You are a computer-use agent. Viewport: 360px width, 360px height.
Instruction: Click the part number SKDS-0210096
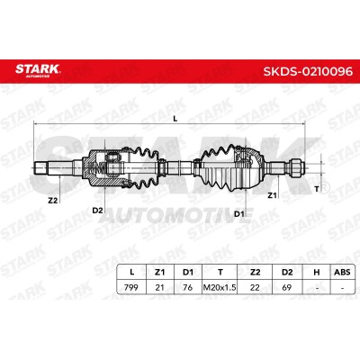click(308, 71)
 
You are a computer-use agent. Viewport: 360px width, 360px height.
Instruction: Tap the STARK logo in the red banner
click(38, 70)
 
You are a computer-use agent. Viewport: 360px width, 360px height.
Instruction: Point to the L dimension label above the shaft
click(175, 119)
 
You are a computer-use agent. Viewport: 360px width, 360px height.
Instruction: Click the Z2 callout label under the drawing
click(52, 201)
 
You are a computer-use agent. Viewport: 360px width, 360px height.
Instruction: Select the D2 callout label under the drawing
click(97, 211)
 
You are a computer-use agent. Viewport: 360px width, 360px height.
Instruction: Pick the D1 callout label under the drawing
click(238, 214)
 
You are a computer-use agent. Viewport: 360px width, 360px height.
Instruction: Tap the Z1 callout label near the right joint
click(272, 195)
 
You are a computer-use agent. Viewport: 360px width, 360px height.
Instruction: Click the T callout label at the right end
click(316, 189)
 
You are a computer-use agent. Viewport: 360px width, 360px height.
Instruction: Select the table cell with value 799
click(131, 287)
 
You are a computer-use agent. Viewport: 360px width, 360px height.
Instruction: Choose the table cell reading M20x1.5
click(220, 287)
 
